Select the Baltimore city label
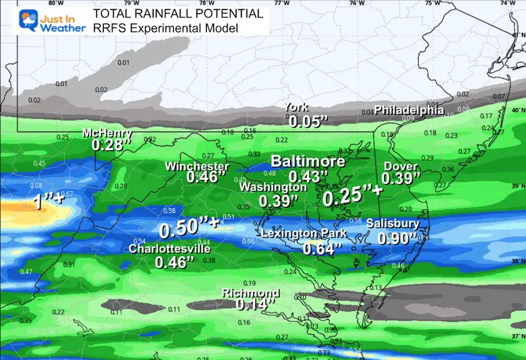tap(307, 161)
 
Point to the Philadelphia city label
tap(409, 109)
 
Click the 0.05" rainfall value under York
tap(306, 121)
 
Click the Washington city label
tap(273, 188)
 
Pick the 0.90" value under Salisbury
tap(396, 237)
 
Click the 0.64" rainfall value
tap(319, 247)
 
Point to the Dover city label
tap(401, 167)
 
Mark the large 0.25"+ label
tap(353, 196)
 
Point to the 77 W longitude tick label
tap(281, 3)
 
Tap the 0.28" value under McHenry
tap(111, 145)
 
